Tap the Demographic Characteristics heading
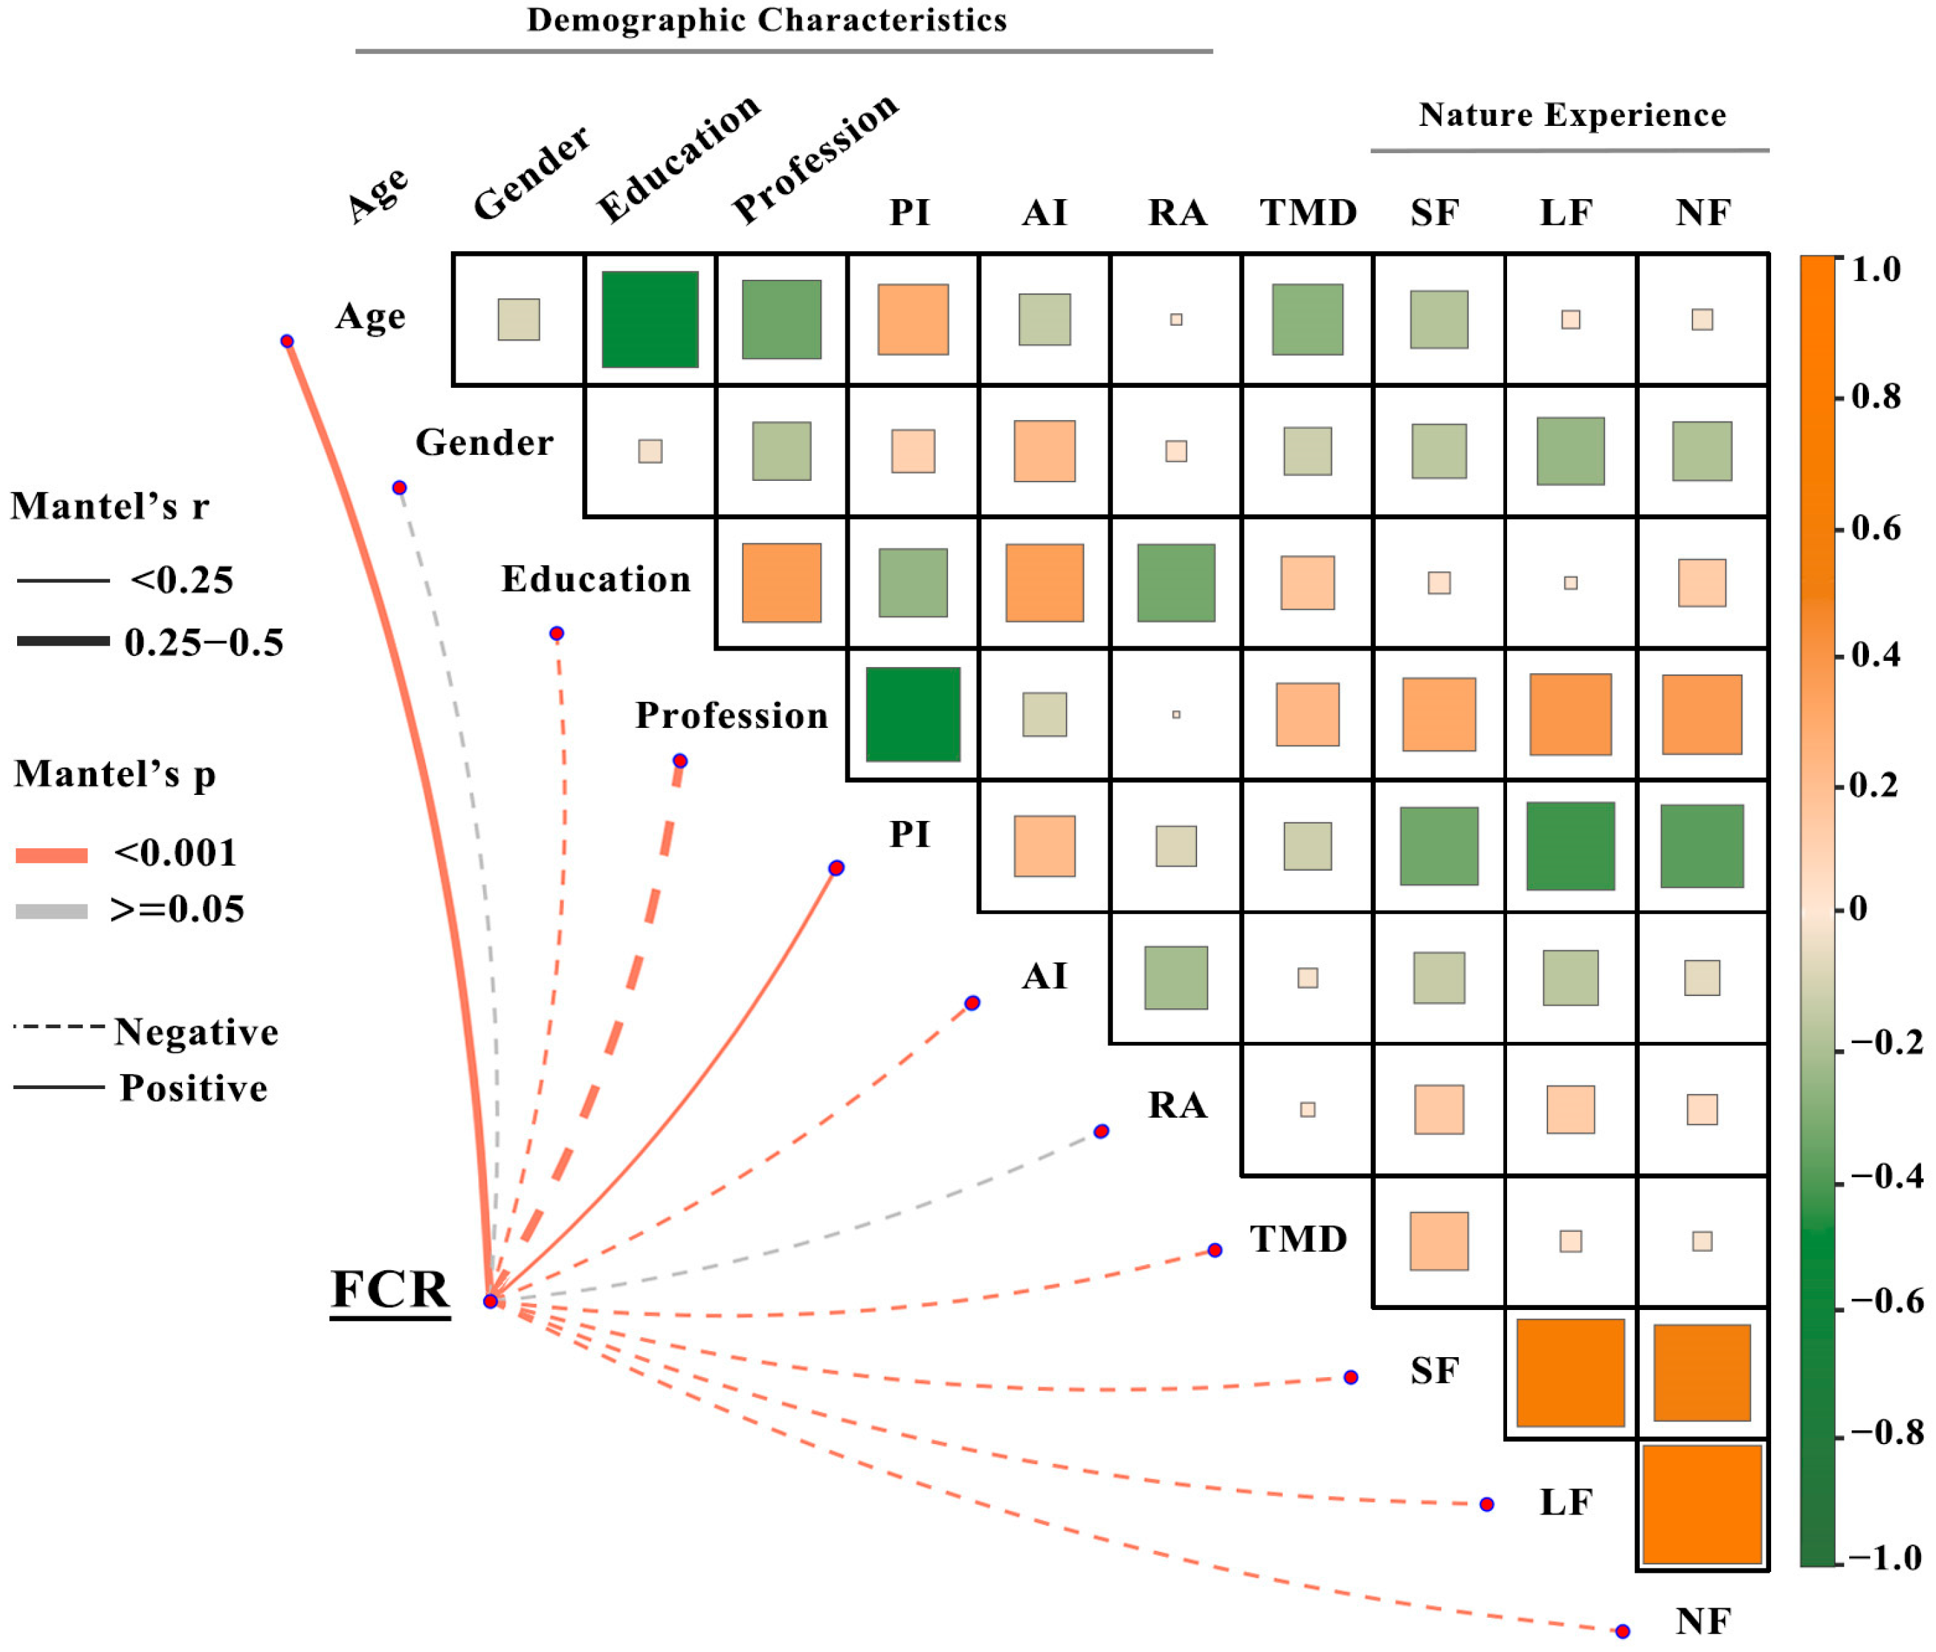(766, 20)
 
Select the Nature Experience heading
(1571, 114)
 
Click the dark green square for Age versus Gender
(649, 319)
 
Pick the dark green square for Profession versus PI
(912, 714)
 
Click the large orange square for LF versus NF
(1701, 1504)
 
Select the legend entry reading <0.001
(174, 852)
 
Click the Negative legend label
(196, 1032)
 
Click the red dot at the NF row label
(1622, 1631)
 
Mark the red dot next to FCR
(490, 1300)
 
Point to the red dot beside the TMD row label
(1215, 1250)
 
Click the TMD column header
(1307, 212)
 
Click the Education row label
(595, 579)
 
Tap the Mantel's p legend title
(115, 774)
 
